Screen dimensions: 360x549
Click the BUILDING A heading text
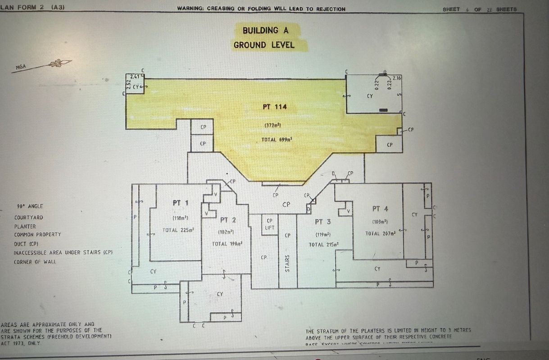(x=265, y=31)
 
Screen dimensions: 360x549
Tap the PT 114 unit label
(x=275, y=107)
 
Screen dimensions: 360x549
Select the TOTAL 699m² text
(x=277, y=140)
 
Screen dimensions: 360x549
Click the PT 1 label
(x=180, y=203)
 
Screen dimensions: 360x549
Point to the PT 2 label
(x=228, y=220)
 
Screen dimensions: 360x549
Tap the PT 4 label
(x=380, y=209)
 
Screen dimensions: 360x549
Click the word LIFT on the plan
(x=270, y=227)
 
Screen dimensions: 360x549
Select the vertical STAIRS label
(x=287, y=264)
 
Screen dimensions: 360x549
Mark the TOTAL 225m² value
(x=178, y=230)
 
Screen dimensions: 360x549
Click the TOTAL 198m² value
(x=227, y=244)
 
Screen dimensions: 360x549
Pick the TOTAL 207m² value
(x=380, y=234)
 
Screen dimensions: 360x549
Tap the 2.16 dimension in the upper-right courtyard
(x=397, y=78)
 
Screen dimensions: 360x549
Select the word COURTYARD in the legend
(x=28, y=218)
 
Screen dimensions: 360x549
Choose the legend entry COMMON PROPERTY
(x=37, y=234)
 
